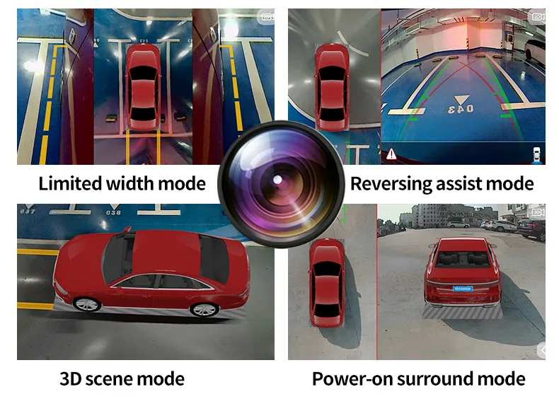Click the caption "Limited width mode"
point(122,184)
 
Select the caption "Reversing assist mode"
point(442,184)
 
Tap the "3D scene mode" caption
point(122,378)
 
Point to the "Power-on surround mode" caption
point(418,378)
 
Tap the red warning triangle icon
point(391,154)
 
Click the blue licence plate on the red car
point(463,289)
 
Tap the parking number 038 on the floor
point(113,212)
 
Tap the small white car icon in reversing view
point(536,154)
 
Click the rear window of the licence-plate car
point(461,259)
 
